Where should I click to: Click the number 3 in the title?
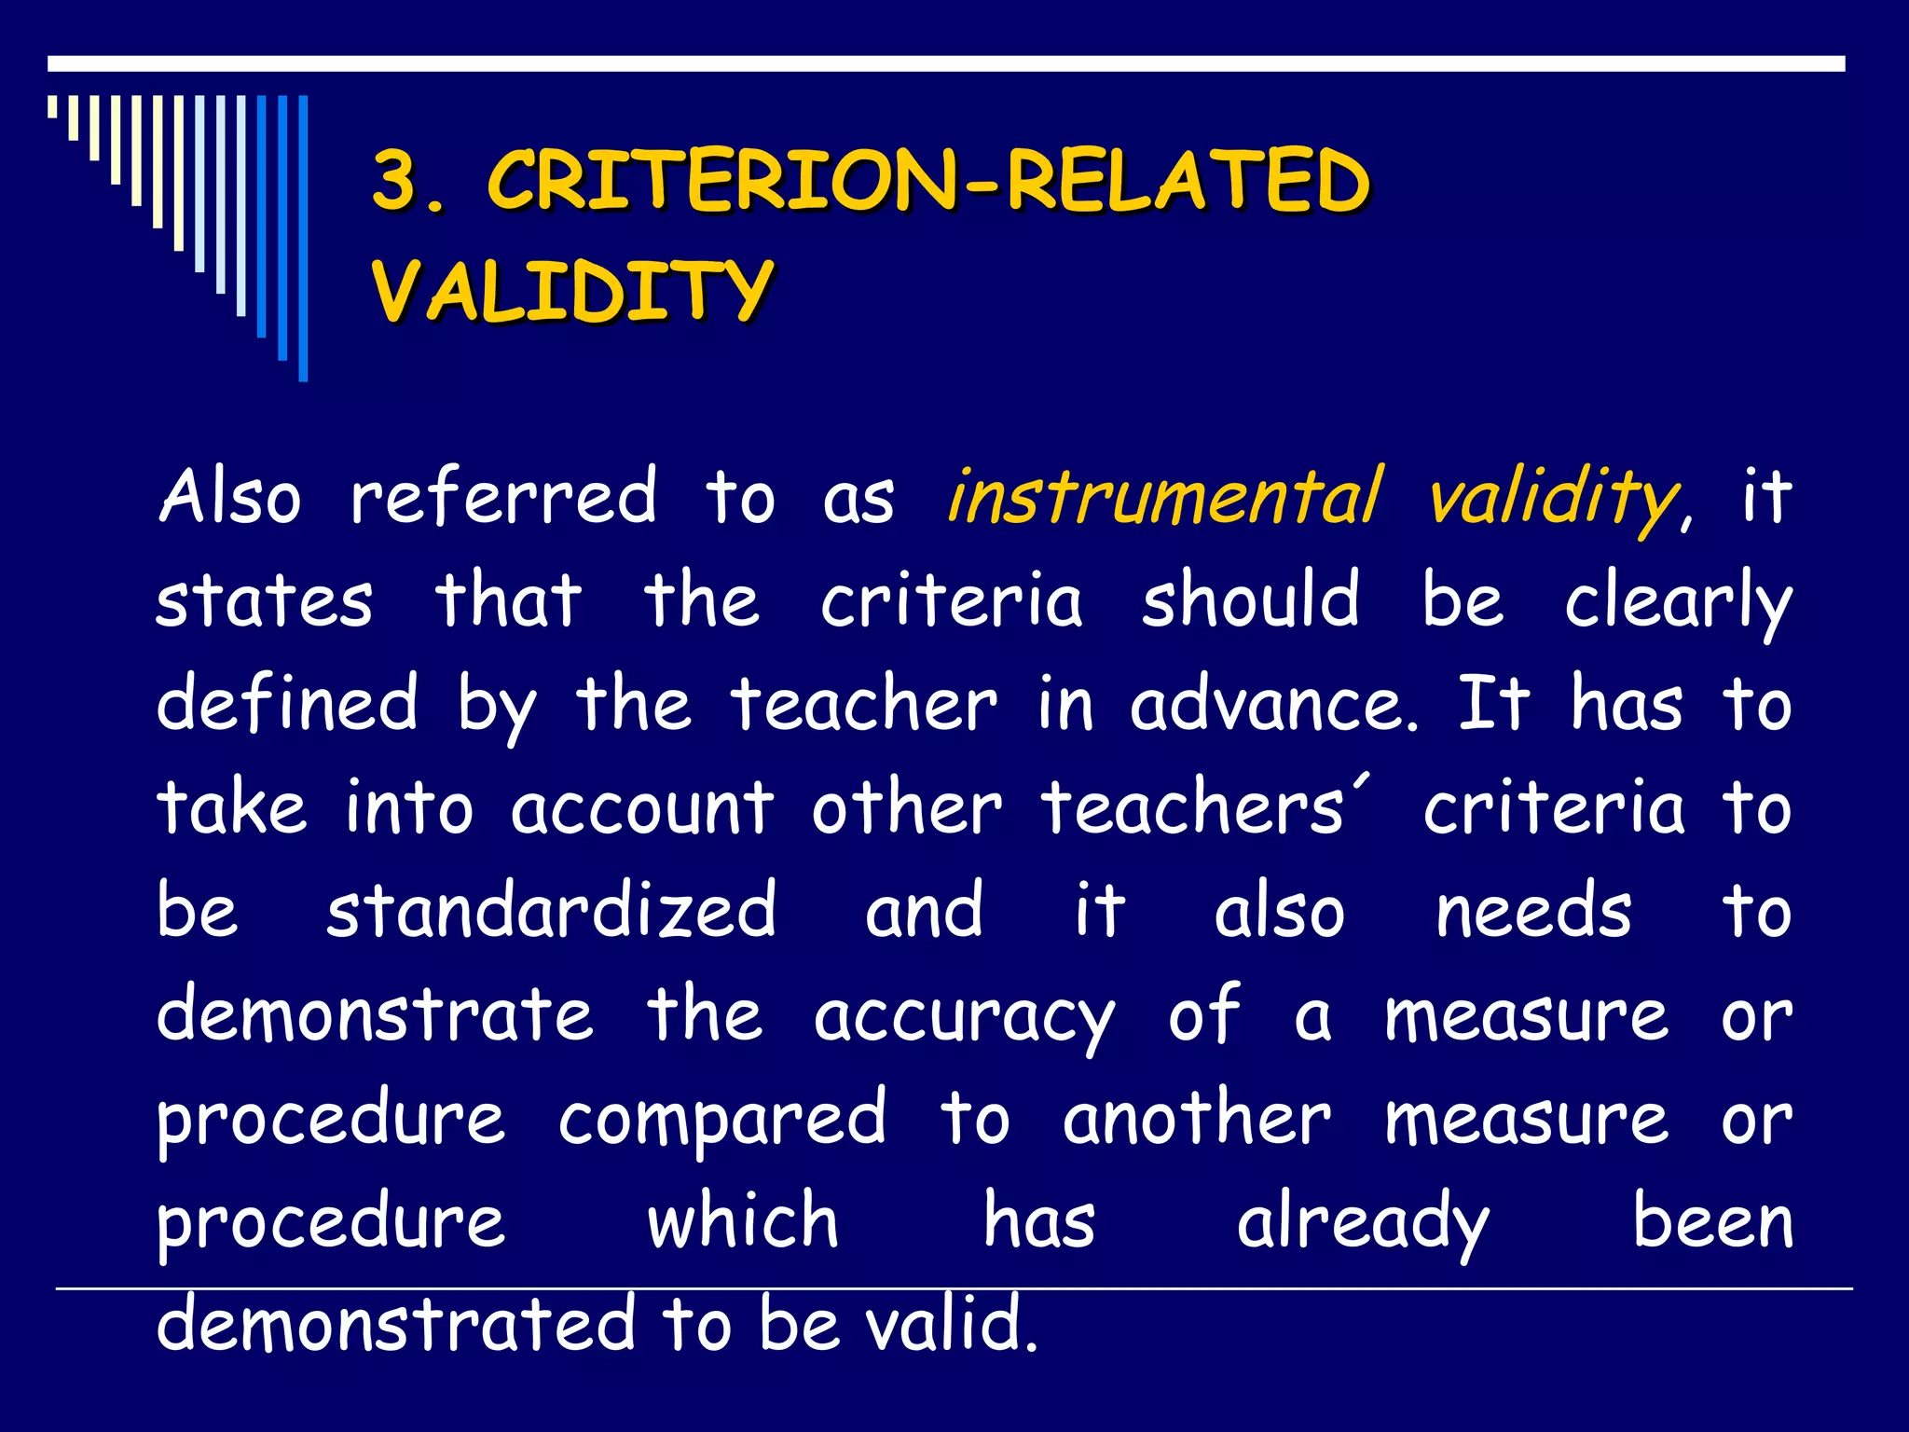pos(396,181)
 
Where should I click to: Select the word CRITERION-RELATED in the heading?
pos(927,181)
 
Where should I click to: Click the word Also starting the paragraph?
pos(230,496)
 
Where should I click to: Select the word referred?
pos(504,496)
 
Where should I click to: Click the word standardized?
pos(551,910)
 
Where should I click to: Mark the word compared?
pos(722,1120)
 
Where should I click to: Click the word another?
pos(1197,1118)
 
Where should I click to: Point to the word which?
pos(743,1221)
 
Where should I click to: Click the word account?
pos(642,807)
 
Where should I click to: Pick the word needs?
pos(1533,911)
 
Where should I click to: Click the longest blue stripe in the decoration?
pos(303,238)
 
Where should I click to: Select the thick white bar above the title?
pos(946,63)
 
